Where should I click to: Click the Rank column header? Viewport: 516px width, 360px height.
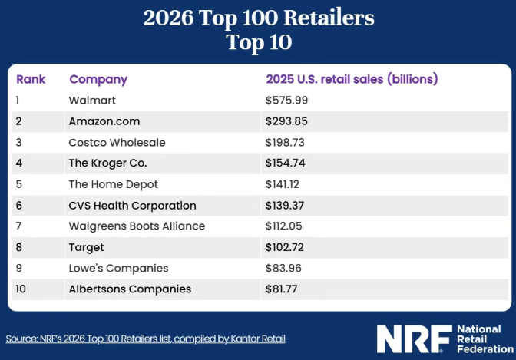31,79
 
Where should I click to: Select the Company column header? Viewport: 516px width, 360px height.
98,80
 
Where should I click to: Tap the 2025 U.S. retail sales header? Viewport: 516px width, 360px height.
352,79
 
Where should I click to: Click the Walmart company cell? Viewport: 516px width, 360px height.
92,101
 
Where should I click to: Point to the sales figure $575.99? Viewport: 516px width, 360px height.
286,101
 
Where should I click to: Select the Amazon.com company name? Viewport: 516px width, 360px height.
104,121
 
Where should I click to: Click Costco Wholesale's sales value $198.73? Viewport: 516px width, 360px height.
285,143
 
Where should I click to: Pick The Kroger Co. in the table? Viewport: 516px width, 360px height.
107,163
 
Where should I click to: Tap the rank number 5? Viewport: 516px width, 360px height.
19,184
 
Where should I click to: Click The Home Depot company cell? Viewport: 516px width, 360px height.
113,185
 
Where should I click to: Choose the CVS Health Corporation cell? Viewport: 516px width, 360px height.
132,206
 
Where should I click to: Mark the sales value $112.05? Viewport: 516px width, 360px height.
283,226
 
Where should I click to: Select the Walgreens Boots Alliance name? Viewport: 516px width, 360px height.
137,226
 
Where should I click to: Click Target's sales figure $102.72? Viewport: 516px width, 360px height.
285,247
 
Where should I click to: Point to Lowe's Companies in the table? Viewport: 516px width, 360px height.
118,269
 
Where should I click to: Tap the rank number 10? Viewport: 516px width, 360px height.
21,289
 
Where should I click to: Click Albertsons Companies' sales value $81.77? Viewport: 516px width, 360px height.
281,289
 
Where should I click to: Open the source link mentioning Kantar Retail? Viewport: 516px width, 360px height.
145,339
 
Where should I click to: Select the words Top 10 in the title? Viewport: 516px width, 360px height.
259,42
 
